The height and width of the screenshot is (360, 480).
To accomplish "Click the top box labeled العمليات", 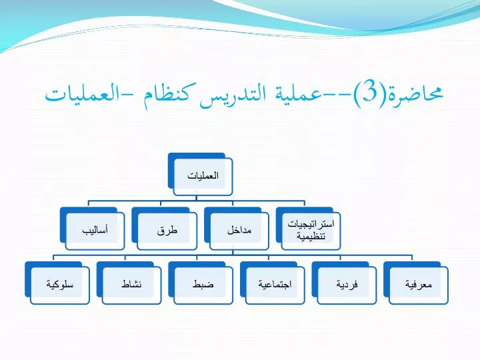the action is tap(201, 175).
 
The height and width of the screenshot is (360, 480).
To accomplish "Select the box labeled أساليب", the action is tap(93, 229).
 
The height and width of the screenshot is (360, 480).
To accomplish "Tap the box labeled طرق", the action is tap(165, 229).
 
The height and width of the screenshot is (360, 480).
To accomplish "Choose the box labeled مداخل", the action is tap(237, 229).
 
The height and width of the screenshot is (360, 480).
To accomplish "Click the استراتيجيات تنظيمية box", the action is tap(309, 229).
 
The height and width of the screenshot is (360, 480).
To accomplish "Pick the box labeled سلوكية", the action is tap(57, 283).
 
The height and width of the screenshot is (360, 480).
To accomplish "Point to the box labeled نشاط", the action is tap(129, 283).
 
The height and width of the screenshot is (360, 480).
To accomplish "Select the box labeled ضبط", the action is tap(201, 283).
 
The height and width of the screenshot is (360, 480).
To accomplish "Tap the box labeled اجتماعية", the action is tap(273, 283).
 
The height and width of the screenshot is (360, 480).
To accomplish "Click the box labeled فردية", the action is tap(344, 283).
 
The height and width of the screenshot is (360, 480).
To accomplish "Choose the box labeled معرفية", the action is tap(416, 283).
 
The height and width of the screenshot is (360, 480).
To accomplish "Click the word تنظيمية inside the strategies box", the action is tap(311, 236).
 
